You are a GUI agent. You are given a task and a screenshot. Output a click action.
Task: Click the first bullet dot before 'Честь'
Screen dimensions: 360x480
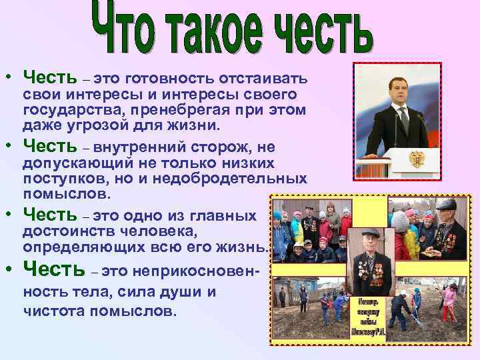click(13, 77)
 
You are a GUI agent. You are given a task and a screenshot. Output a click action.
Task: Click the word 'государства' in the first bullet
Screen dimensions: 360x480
click(66, 109)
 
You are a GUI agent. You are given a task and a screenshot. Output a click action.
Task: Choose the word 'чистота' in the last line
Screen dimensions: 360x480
click(50, 310)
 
